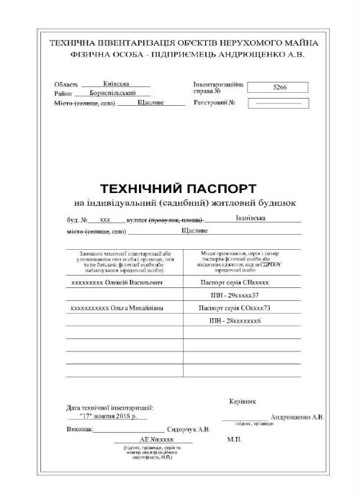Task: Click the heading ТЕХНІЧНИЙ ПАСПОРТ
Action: click(x=178, y=189)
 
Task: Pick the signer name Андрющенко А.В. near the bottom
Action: click(x=297, y=417)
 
